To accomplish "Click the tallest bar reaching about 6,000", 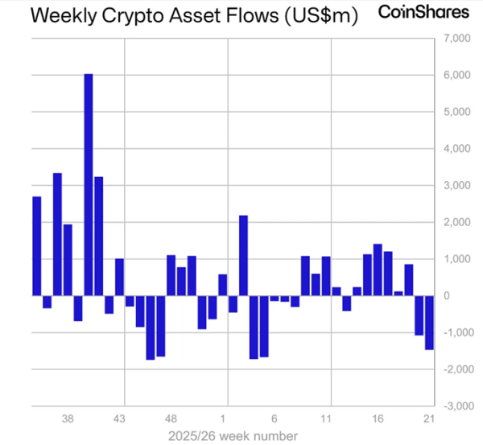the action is (x=89, y=185).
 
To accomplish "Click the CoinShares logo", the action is (x=423, y=12).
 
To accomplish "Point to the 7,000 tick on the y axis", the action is (x=457, y=39).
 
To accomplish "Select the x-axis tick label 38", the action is (x=68, y=418).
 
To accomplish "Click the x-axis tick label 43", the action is (x=119, y=418).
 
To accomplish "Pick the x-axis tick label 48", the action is (x=171, y=418).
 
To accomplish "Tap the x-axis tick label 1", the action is (x=223, y=418).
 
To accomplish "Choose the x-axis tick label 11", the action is (x=326, y=418).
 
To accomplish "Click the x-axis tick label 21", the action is (x=429, y=418).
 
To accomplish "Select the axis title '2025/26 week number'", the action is (x=233, y=436).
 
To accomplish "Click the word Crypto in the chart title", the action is (x=133, y=15).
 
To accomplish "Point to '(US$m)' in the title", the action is (x=321, y=15).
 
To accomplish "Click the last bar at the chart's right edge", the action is (x=429, y=323).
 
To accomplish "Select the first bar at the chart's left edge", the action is (x=37, y=246).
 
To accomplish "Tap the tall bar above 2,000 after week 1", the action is (x=243, y=256).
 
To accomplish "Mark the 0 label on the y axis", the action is (x=447, y=296).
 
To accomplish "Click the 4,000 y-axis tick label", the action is (x=457, y=149).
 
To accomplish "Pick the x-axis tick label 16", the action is (x=378, y=418).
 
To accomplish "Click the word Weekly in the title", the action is (x=64, y=15).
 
